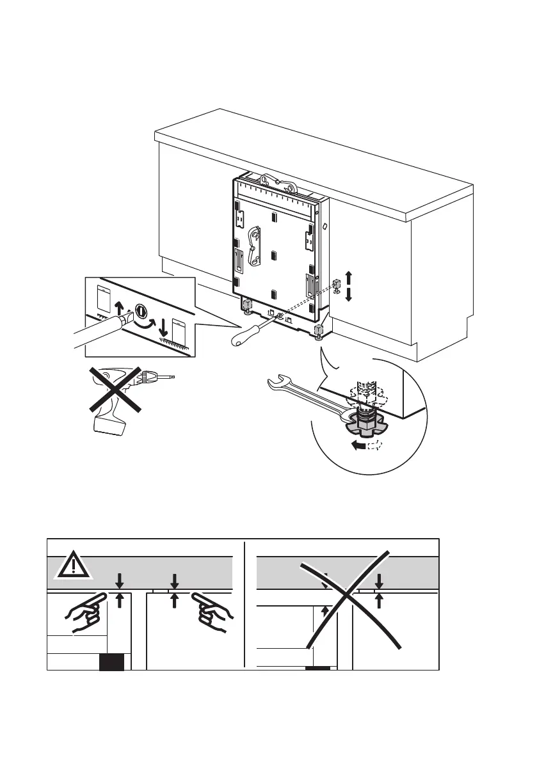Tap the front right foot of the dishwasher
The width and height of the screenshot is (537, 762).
tap(319, 332)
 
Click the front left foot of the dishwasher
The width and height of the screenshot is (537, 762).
tap(246, 306)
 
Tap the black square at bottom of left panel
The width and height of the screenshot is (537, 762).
tap(111, 663)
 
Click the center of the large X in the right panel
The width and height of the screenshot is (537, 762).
tap(347, 599)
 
